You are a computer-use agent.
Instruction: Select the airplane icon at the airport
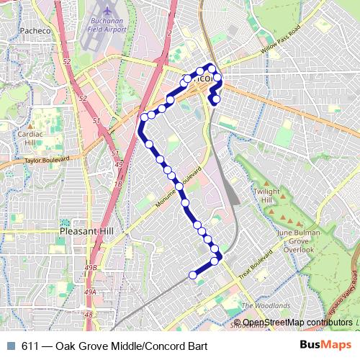pos(105,12)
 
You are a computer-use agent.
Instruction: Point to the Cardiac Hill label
pos(32,138)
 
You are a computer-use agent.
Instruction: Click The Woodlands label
pos(266,305)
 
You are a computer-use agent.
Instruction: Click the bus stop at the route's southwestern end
pos(193,274)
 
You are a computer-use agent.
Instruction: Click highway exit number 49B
pos(91,268)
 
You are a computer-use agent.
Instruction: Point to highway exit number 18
pos(117,185)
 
